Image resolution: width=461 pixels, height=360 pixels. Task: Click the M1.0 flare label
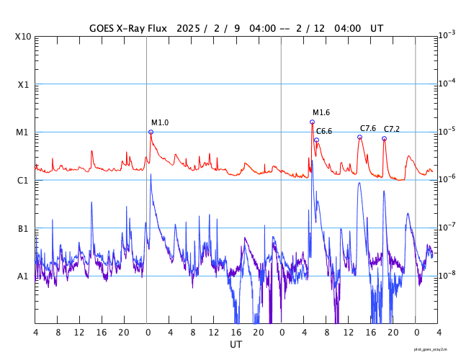(160, 122)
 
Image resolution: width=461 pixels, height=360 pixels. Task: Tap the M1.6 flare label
(321, 112)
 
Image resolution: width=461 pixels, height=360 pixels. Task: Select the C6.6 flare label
(324, 131)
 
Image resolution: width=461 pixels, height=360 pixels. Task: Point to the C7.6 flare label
(368, 128)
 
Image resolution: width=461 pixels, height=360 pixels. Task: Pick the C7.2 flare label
(391, 129)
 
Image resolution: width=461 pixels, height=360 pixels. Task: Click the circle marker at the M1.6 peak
(312, 122)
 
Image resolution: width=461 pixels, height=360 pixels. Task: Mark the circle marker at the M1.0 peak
(151, 132)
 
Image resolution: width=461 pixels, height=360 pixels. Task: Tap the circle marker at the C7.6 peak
(359, 138)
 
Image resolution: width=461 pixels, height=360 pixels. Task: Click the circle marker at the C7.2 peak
(384, 138)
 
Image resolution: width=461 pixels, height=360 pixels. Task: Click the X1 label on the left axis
(23, 84)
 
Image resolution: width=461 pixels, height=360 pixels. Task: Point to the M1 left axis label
(23, 132)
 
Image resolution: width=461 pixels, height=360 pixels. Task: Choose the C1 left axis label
(23, 180)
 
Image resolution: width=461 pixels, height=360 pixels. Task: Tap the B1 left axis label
(23, 228)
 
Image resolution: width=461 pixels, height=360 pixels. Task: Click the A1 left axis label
(23, 276)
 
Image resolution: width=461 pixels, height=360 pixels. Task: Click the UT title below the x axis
(236, 345)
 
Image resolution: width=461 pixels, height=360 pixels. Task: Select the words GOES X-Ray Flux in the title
(128, 28)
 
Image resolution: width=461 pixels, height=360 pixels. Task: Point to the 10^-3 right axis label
(447, 35)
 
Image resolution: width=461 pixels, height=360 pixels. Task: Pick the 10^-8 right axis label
(447, 275)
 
